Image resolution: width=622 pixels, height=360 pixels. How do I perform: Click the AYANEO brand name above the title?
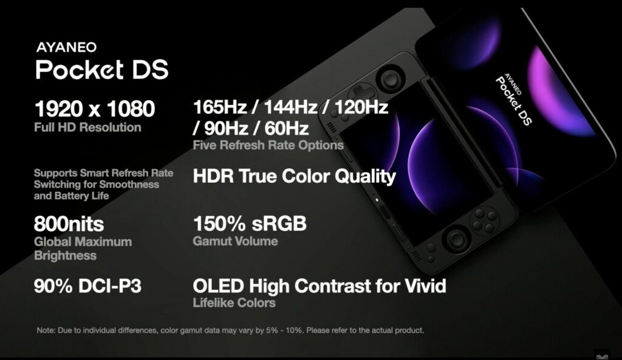(x=66, y=47)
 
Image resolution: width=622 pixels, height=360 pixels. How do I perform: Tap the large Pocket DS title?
(x=102, y=69)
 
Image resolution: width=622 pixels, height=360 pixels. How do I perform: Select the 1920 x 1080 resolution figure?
(x=94, y=109)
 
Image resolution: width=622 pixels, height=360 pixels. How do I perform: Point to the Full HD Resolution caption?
(x=87, y=127)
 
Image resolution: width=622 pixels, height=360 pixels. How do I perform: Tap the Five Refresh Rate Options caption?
(x=268, y=145)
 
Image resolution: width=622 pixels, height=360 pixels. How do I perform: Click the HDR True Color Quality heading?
(x=295, y=176)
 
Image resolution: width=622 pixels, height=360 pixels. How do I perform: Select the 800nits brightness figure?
(x=69, y=224)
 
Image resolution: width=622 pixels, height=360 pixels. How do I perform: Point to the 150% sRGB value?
(x=250, y=223)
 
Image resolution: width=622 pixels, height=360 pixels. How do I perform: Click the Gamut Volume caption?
(x=235, y=241)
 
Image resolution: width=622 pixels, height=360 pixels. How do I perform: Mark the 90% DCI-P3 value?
(x=87, y=286)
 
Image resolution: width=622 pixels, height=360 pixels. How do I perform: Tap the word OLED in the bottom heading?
(x=218, y=286)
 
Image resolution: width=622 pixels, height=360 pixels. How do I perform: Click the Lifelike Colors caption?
(x=234, y=303)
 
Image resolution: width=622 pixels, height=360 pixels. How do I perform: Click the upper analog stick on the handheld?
(x=391, y=78)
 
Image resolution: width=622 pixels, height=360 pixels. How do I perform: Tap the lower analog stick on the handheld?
(x=456, y=239)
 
